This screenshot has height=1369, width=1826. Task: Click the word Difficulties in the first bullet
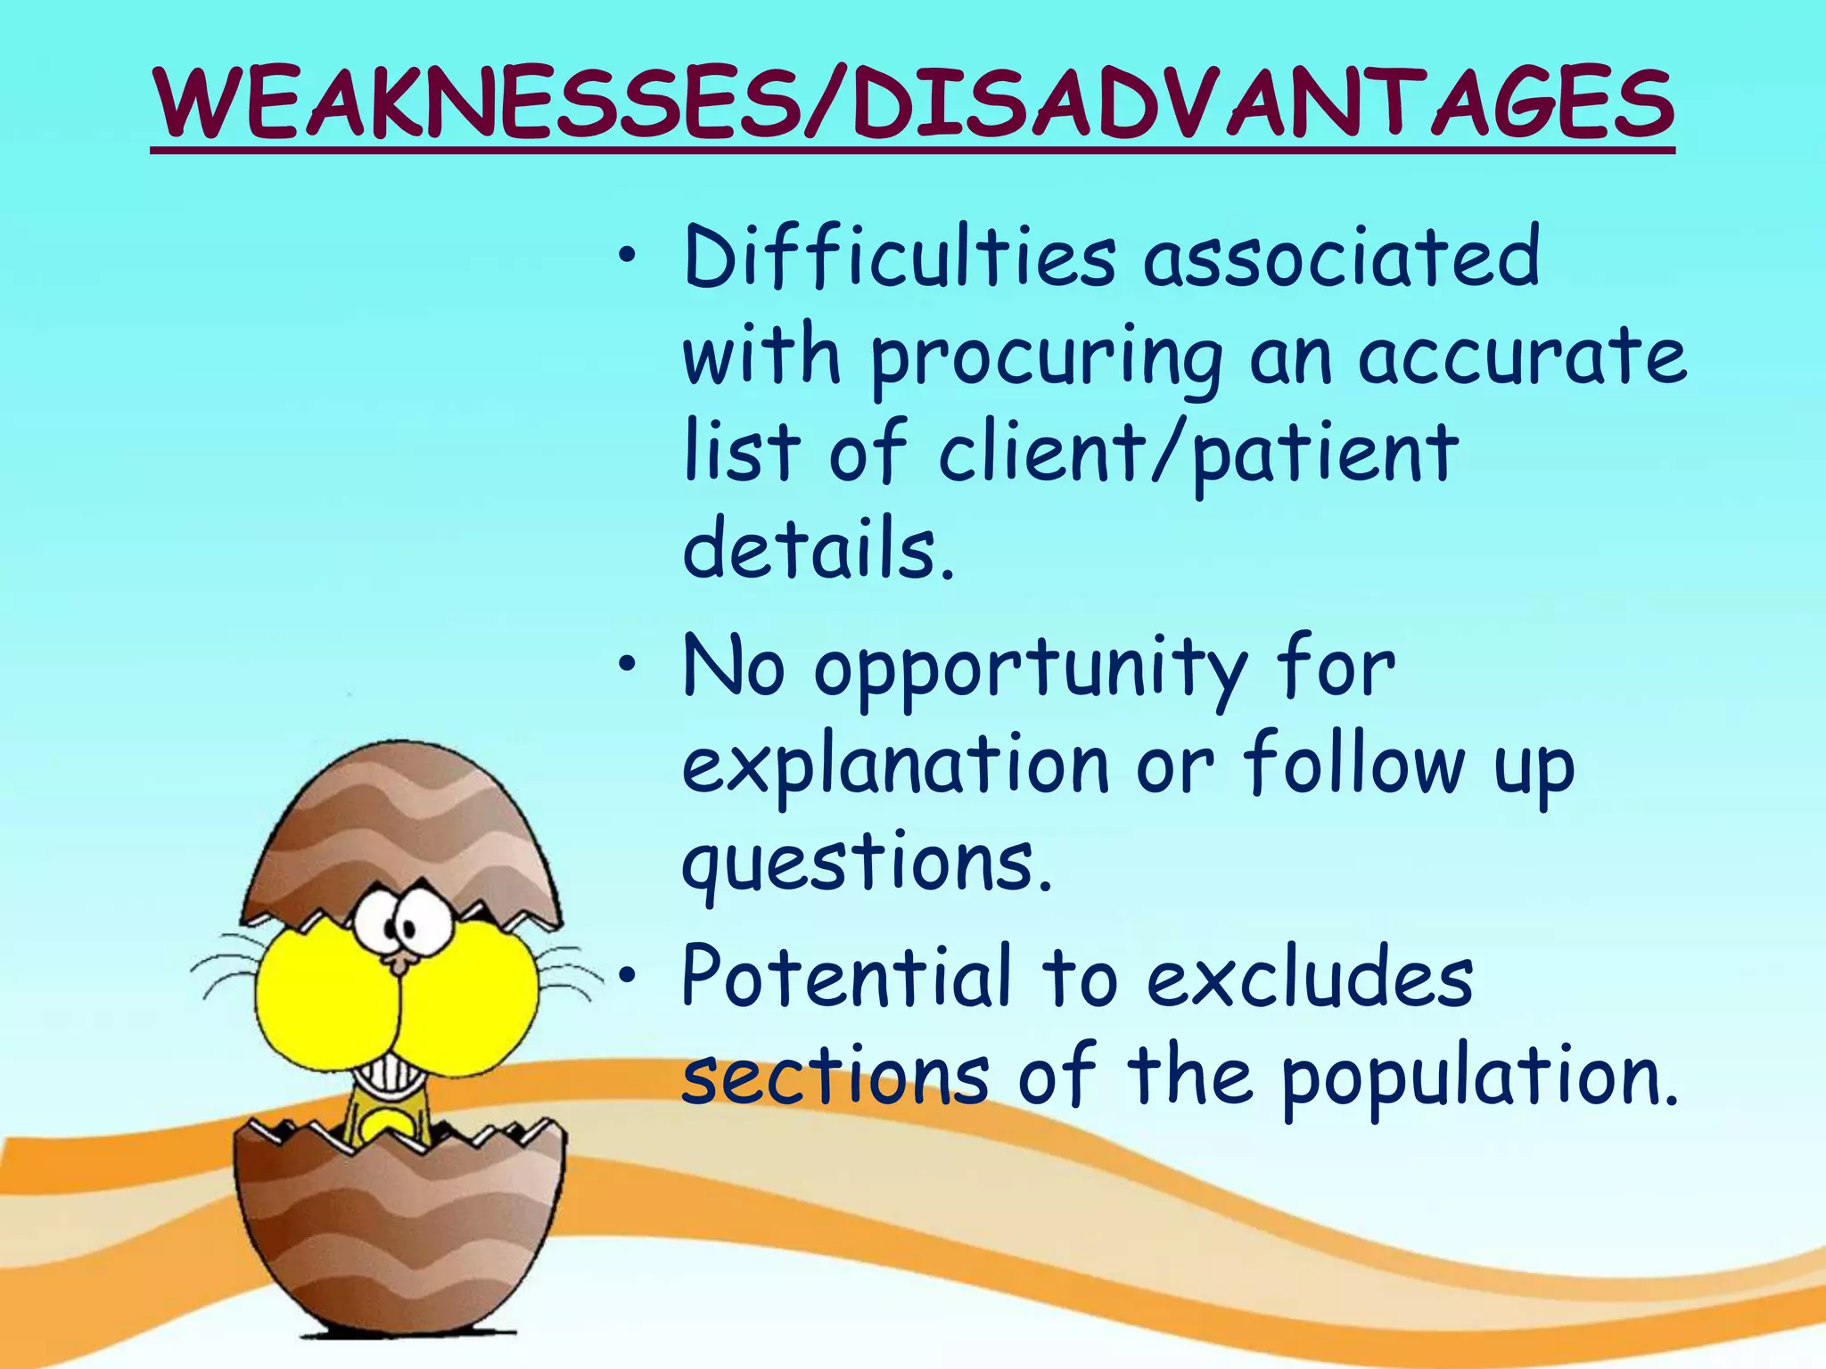[x=899, y=258]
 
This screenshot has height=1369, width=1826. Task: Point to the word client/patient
[x=1198, y=454]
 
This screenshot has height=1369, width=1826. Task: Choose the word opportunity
[x=1030, y=671]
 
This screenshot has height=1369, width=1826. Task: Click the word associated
[x=1342, y=258]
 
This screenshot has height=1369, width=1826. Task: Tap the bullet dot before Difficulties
[x=629, y=258]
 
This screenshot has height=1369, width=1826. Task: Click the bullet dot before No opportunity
[x=629, y=664]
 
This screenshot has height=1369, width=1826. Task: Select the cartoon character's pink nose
[x=402, y=961]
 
